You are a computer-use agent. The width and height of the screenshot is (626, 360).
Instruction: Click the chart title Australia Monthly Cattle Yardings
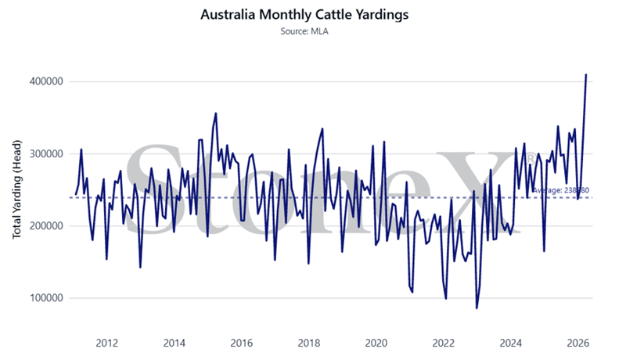pyautogui.click(x=312, y=15)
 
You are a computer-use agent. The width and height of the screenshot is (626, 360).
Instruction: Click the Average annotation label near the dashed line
pyautogui.click(x=560, y=189)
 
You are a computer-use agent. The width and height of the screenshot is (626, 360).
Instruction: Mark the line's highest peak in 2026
pyautogui.click(x=586, y=75)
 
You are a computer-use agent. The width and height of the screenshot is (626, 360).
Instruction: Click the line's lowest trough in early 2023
pyautogui.click(x=477, y=308)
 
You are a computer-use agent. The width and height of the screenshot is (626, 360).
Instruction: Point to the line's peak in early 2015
pyautogui.click(x=215, y=113)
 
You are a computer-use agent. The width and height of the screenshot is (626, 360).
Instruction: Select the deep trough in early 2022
pyautogui.click(x=446, y=298)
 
